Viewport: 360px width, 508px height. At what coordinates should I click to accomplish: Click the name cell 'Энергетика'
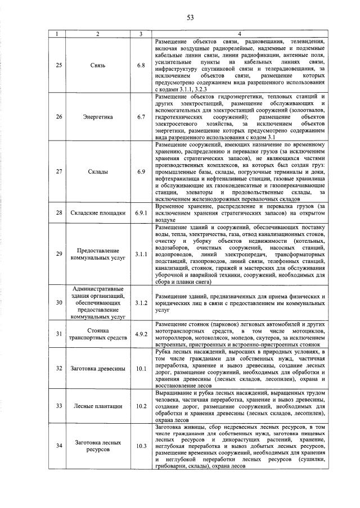(x=97, y=117)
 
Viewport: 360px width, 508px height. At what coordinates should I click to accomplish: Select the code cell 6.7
(x=141, y=117)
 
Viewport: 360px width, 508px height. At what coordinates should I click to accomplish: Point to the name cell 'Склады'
(x=97, y=171)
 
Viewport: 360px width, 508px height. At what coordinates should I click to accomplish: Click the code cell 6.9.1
(x=141, y=213)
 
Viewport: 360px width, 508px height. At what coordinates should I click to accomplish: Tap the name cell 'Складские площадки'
(x=97, y=213)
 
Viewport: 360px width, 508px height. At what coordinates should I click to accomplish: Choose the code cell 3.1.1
(x=141, y=254)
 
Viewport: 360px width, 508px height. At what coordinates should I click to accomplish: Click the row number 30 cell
(x=59, y=302)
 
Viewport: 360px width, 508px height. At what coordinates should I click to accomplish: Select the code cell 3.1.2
(x=141, y=302)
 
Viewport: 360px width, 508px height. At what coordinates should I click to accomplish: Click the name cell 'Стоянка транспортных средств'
(x=97, y=335)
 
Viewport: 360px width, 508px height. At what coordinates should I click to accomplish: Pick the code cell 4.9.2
(x=141, y=335)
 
